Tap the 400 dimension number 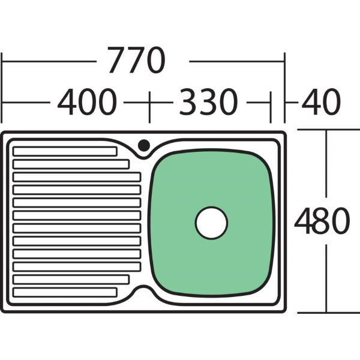tap(87, 103)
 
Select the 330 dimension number tap(206, 103)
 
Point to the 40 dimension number tap(320, 103)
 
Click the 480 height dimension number tap(322, 221)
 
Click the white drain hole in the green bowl tap(211, 223)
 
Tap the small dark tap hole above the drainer tap(144, 145)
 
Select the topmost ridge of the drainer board tap(65, 151)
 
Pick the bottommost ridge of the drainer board tap(65, 292)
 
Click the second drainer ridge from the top tap(71, 164)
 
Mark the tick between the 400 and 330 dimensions tap(148, 103)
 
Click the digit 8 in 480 tap(322, 221)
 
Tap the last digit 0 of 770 tap(153, 61)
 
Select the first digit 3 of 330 tap(185, 103)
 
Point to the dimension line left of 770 tap(48, 61)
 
